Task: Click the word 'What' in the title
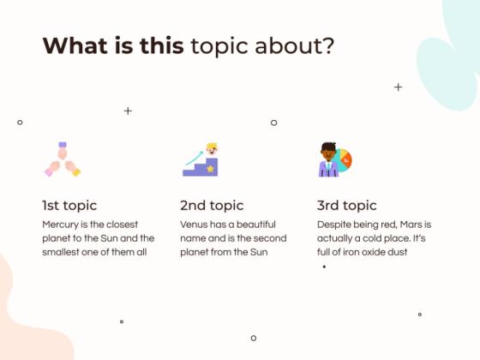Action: click(x=68, y=45)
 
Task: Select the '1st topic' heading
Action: click(x=69, y=206)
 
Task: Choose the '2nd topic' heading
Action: click(x=212, y=206)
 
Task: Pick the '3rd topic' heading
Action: click(x=346, y=206)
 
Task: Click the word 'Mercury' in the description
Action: click(x=61, y=224)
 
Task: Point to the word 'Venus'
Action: click(x=195, y=224)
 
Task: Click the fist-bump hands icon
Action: click(x=62, y=159)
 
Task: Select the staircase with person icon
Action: click(x=201, y=160)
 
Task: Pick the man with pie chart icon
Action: click(x=334, y=159)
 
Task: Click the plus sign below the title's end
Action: click(x=398, y=87)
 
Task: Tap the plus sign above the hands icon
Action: click(x=128, y=111)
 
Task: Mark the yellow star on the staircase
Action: click(x=210, y=169)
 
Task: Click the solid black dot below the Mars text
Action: click(x=324, y=267)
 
